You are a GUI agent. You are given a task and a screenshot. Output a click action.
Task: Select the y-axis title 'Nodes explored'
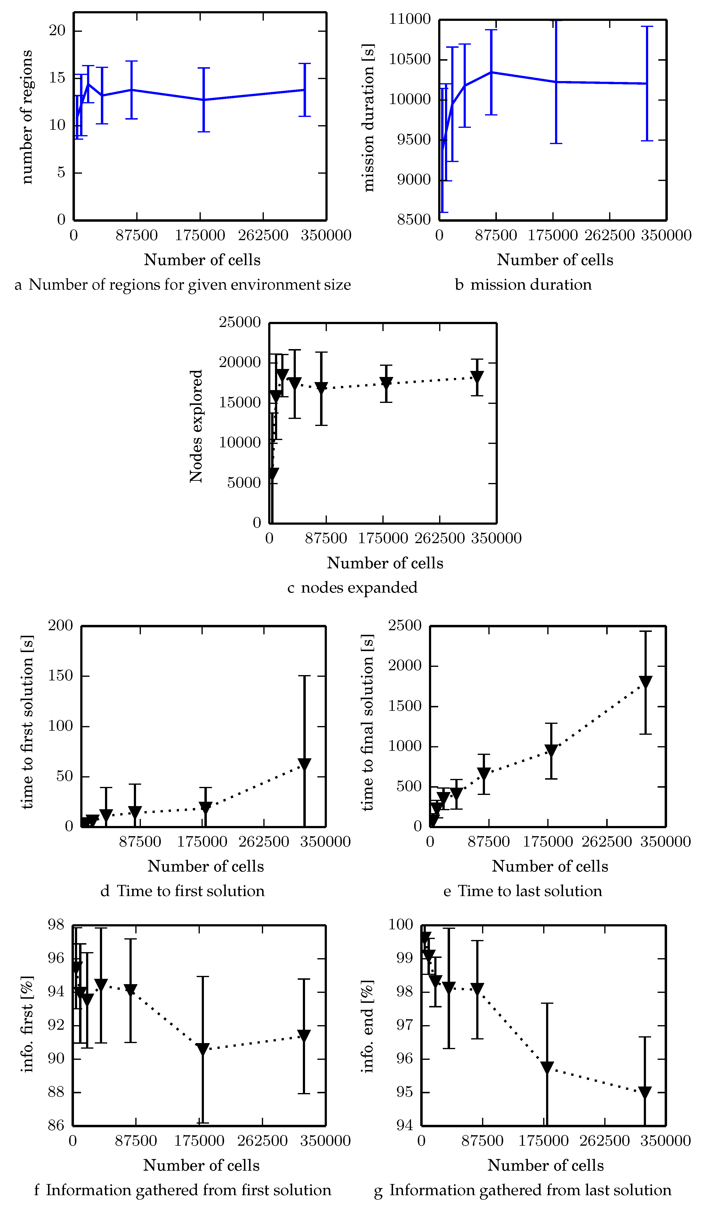pos(196,426)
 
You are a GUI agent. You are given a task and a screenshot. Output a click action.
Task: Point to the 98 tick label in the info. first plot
pos(56,925)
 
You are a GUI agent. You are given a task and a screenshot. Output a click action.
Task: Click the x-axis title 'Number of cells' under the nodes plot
pos(385,563)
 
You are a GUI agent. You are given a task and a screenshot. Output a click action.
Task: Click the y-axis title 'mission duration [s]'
pos(368,117)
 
